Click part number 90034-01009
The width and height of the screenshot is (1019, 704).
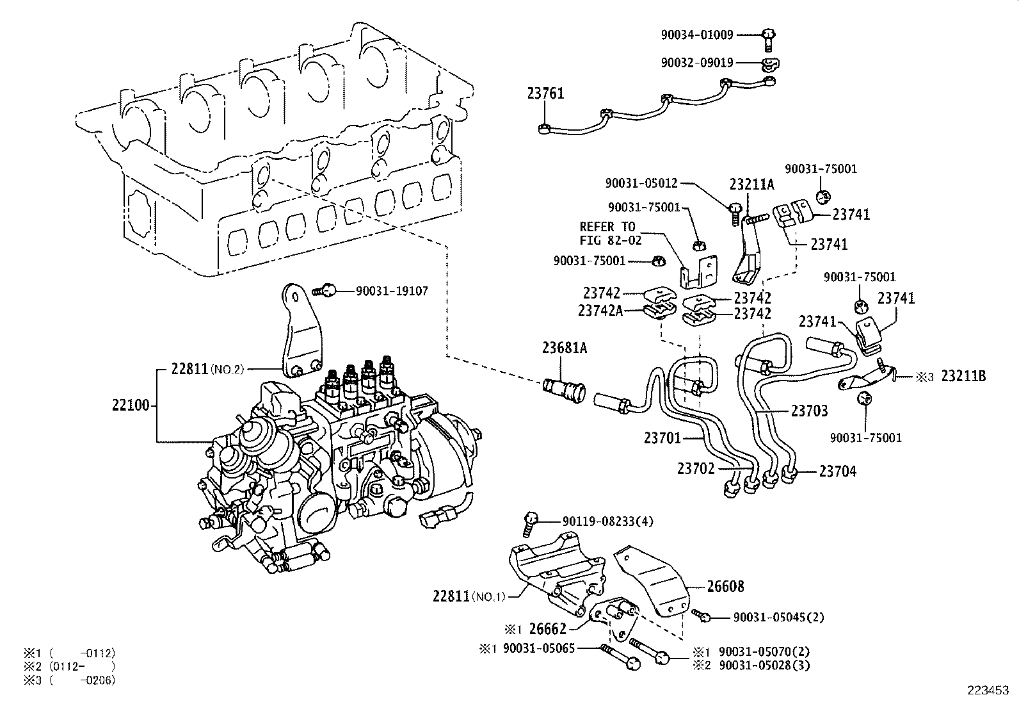[x=697, y=35]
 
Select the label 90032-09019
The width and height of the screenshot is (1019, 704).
[x=697, y=63]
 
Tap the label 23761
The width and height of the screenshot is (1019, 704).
[x=545, y=94]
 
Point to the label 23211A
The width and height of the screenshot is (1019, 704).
[x=751, y=185]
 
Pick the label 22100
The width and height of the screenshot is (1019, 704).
[x=131, y=405]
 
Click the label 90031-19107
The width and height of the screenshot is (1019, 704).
[x=392, y=291]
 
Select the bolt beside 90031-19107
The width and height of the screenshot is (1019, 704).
[x=326, y=291]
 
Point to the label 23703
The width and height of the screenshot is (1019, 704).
[x=809, y=411]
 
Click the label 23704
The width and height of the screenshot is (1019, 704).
[x=837, y=471]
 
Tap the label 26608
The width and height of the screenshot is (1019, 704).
[x=725, y=586]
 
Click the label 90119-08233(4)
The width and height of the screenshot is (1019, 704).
[x=607, y=521]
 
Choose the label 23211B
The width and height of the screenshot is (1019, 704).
[x=963, y=377]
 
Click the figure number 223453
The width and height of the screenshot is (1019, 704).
[x=988, y=691]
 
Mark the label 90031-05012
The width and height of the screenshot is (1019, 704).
[x=641, y=183]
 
